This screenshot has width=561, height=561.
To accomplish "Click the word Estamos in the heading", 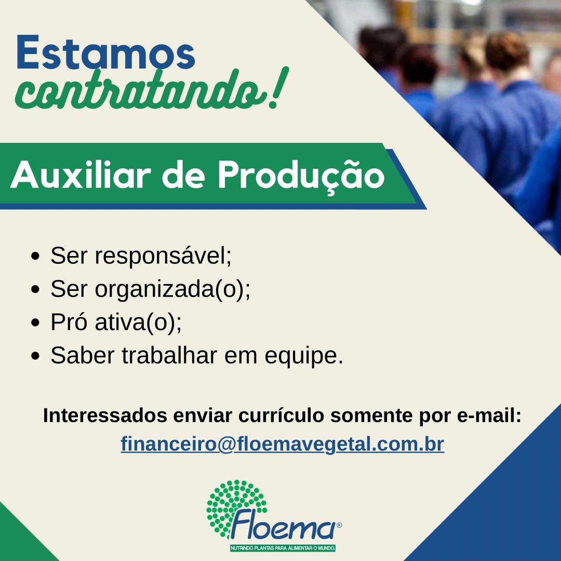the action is (105, 52).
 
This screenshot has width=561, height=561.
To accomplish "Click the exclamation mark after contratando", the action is (277, 87).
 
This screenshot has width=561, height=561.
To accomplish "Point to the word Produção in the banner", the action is (301, 176).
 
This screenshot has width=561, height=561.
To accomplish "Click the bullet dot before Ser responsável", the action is (35, 257).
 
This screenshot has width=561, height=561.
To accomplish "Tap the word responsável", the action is (163, 256).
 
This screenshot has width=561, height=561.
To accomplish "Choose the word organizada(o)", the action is (172, 289).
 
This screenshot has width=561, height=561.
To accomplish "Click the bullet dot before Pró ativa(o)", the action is (35, 323).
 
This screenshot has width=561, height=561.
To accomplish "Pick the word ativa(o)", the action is (138, 322).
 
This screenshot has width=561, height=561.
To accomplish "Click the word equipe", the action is (304, 356).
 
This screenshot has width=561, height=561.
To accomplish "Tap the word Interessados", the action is (105, 416).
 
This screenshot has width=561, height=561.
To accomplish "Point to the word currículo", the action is (281, 416).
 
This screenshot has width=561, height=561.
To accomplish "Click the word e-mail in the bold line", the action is (489, 416).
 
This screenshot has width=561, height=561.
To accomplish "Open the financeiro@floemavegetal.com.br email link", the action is (282, 444).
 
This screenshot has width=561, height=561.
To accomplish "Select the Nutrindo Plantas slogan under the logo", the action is (283, 548).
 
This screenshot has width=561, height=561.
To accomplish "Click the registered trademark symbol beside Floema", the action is (339, 525).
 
